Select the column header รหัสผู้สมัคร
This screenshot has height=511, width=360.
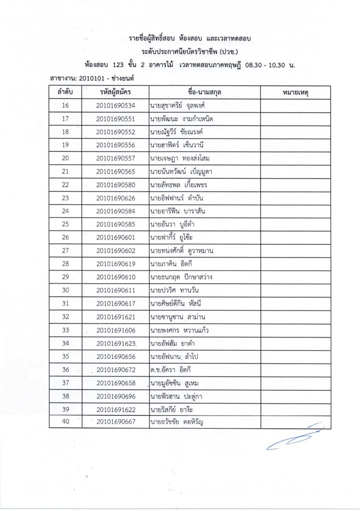115,92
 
